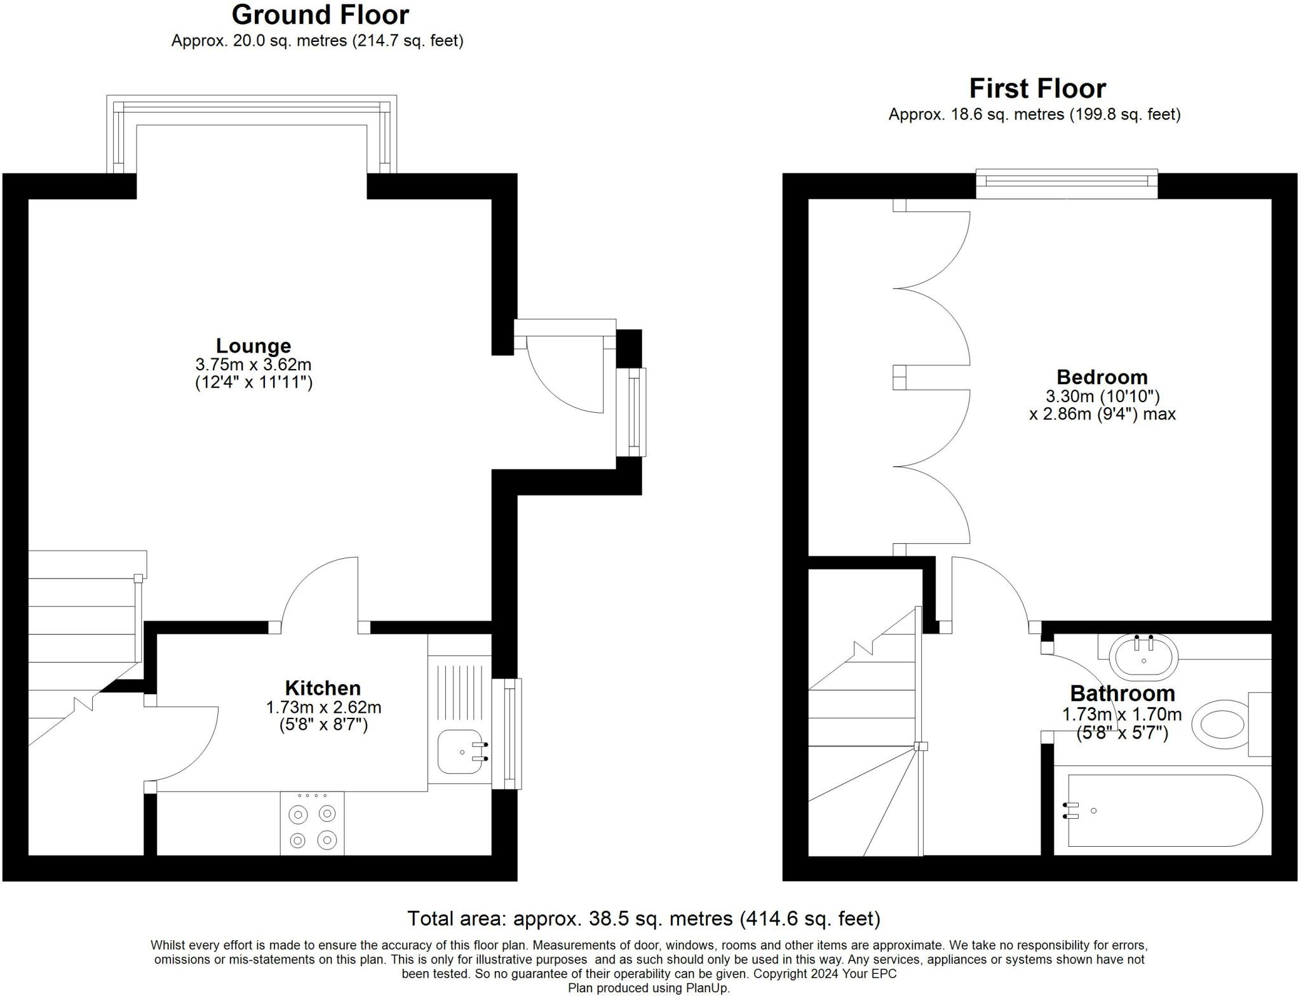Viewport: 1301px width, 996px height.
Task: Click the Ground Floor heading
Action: (320, 15)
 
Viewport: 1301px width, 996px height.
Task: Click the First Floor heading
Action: (1037, 88)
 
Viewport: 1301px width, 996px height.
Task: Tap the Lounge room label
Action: (253, 346)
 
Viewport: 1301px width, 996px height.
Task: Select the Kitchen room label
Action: (323, 688)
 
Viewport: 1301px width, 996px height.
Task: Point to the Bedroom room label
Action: (1102, 377)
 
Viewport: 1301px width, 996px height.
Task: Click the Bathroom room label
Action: (1122, 693)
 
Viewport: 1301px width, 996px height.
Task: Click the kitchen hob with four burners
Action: (312, 824)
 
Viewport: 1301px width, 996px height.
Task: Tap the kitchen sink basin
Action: (459, 752)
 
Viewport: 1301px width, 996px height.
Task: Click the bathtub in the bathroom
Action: (1163, 811)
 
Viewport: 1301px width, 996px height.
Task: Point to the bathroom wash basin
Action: (1143, 657)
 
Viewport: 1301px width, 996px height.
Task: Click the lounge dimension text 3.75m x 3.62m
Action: (253, 365)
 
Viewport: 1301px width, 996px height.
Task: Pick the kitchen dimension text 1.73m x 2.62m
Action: (323, 707)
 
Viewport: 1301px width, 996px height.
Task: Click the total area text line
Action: (643, 919)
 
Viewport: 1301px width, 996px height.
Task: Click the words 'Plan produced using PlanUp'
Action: (649, 988)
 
